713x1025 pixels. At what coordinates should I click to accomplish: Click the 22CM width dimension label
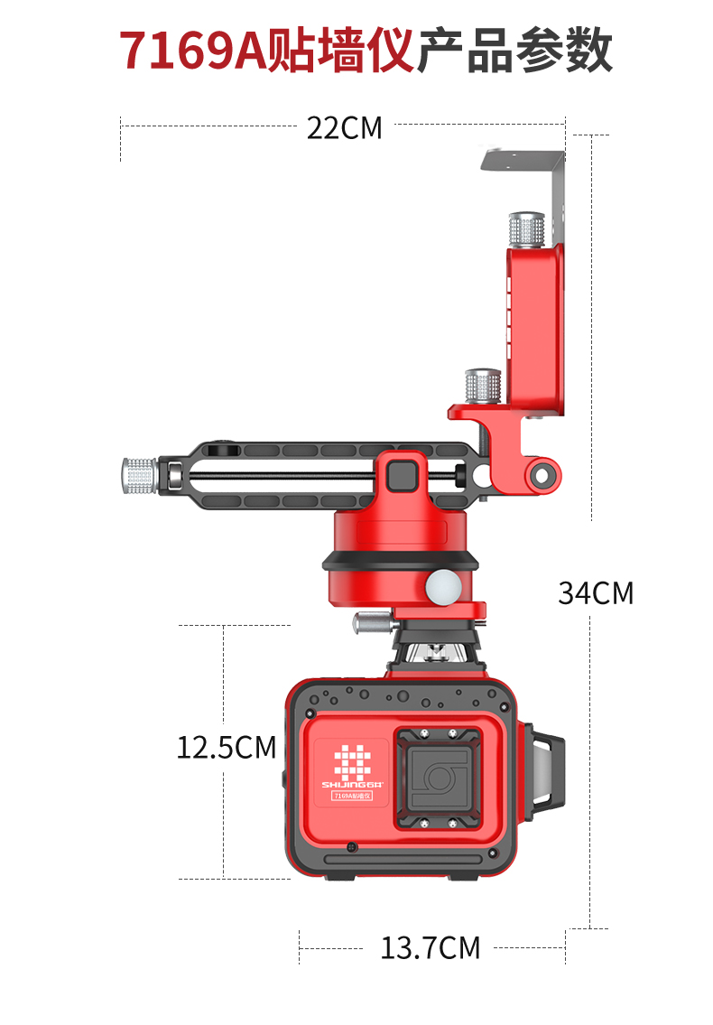click(345, 128)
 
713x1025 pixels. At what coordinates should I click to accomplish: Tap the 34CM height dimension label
click(596, 593)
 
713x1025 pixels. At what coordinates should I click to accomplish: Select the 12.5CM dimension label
click(227, 748)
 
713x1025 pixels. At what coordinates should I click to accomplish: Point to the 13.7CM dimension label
click(430, 948)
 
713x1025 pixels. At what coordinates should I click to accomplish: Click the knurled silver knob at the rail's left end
click(139, 476)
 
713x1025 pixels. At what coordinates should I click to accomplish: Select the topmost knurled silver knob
click(527, 230)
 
